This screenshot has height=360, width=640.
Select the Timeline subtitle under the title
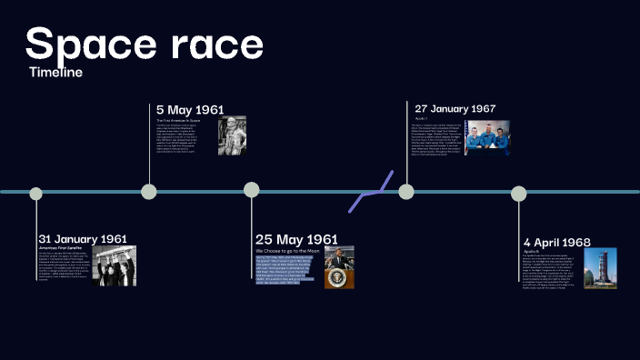click(x=55, y=72)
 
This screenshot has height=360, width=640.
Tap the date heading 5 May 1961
click(x=189, y=110)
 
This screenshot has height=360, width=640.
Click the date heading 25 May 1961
click(x=296, y=239)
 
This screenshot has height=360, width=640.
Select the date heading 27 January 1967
click(x=455, y=108)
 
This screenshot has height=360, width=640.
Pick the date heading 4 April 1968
click(x=556, y=242)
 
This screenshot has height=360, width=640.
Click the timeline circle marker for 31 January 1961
click(x=36, y=193)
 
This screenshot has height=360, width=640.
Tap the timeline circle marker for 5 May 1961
click(x=149, y=192)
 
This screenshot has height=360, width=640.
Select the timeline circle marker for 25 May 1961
click(x=252, y=190)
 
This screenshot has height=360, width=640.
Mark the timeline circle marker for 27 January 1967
click(x=406, y=191)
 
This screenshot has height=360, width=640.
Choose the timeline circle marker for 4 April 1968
click(x=518, y=193)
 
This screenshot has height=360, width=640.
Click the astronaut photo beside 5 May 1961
click(x=232, y=135)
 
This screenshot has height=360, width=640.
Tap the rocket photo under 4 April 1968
click(x=600, y=268)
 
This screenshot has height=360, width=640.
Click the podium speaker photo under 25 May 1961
click(x=339, y=266)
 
